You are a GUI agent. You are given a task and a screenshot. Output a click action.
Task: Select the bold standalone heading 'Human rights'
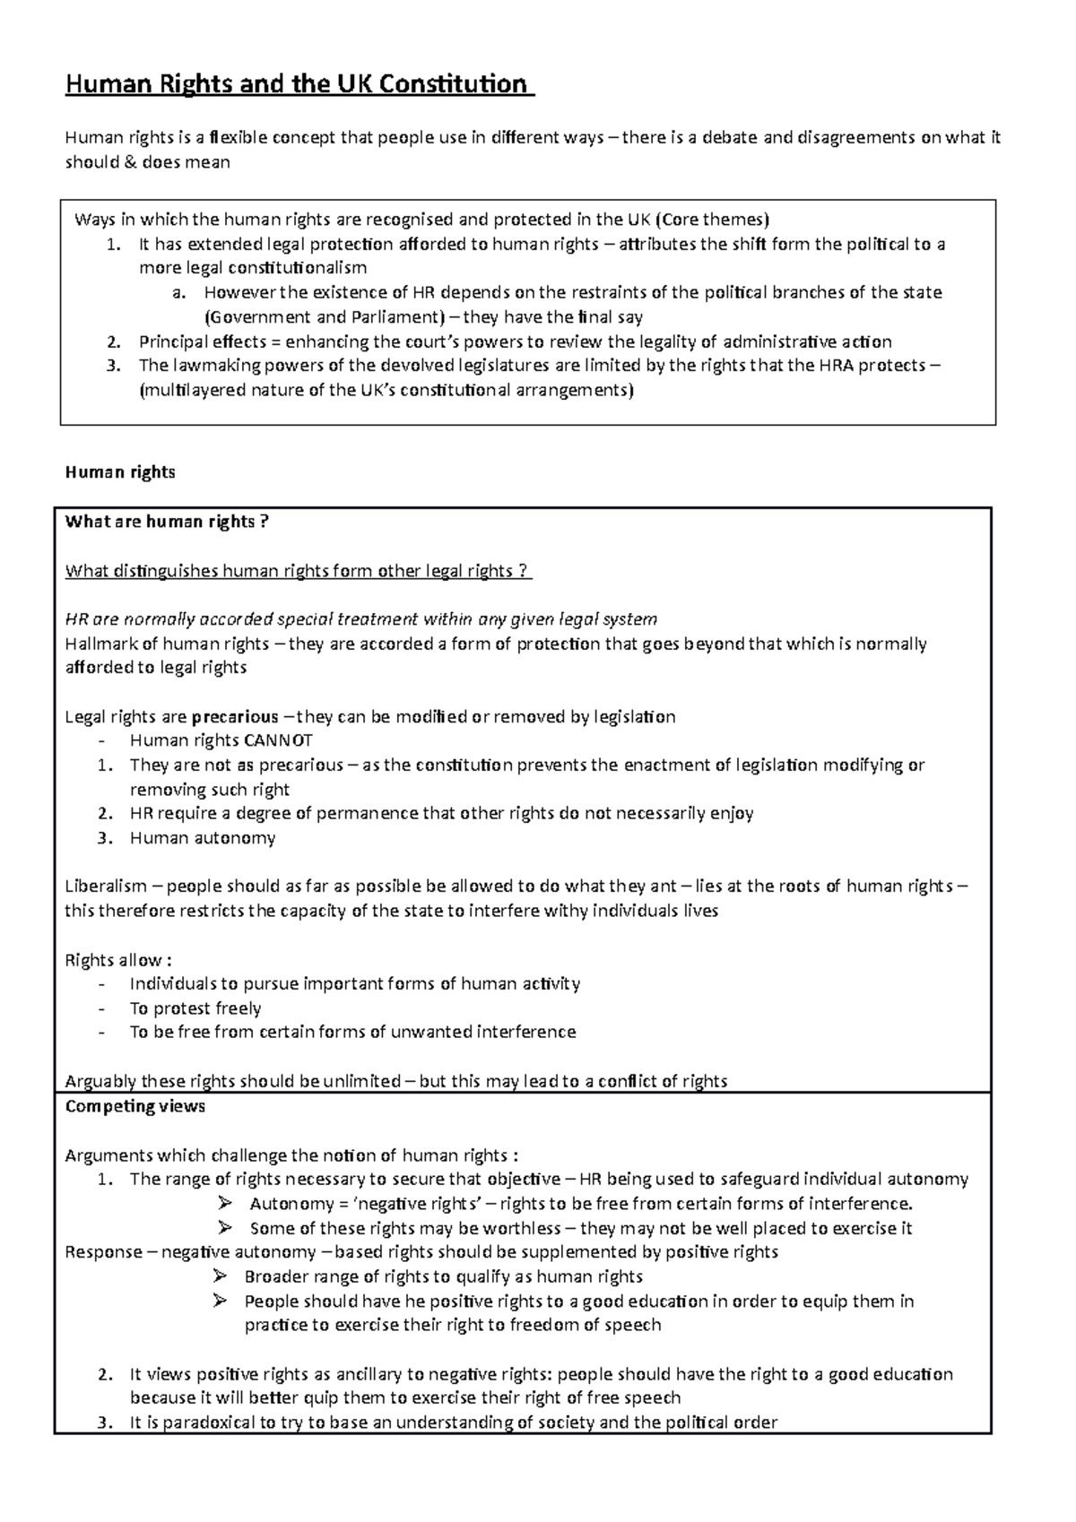(120, 472)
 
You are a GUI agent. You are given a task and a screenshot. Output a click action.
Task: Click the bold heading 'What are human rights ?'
(167, 522)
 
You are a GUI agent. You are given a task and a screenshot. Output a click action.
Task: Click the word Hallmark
(98, 644)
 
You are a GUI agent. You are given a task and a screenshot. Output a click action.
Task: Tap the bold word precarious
(235, 717)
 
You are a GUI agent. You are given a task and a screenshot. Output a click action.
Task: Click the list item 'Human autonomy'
(203, 838)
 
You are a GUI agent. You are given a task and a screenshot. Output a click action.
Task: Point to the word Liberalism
(106, 886)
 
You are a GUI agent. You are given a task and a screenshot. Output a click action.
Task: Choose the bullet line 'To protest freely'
(195, 1008)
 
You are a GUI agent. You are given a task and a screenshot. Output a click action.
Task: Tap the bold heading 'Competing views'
(135, 1106)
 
